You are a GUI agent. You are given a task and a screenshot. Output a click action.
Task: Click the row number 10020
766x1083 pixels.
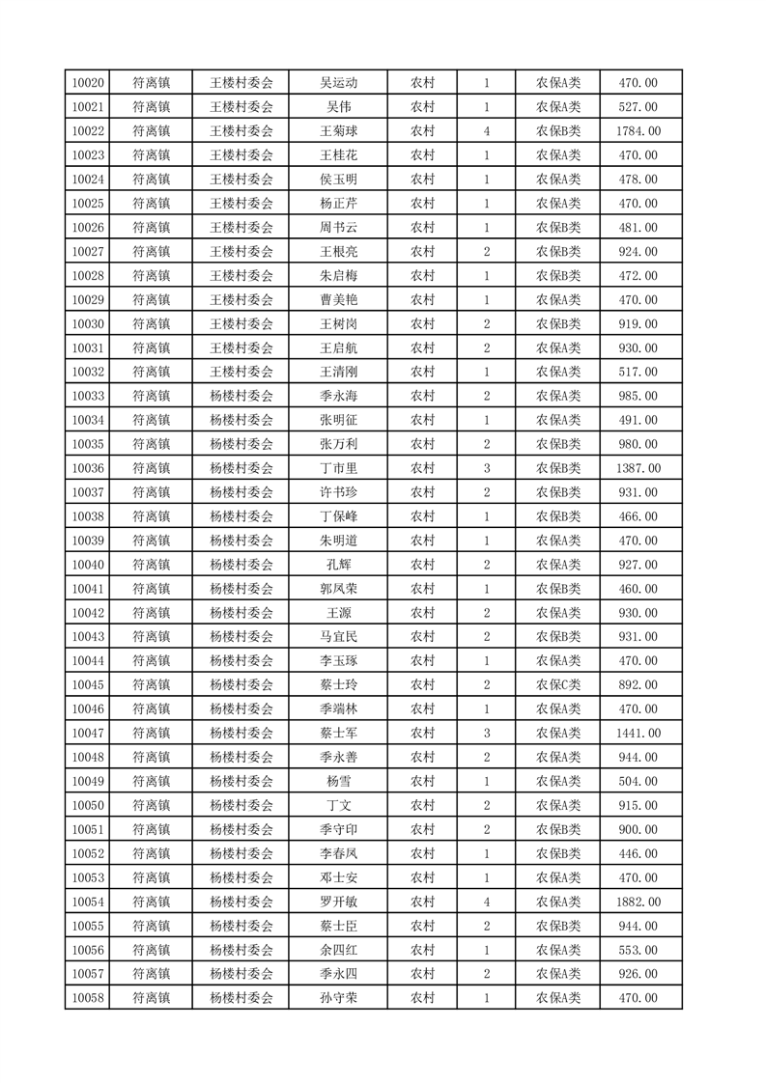click(x=88, y=83)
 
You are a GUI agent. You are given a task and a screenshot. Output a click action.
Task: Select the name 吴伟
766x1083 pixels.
click(x=339, y=107)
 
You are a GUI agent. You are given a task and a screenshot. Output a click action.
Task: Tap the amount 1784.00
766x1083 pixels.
click(x=638, y=131)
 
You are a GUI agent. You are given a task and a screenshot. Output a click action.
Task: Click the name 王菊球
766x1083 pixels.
click(x=339, y=131)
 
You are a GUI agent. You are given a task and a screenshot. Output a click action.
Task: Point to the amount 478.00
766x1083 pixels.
click(x=638, y=180)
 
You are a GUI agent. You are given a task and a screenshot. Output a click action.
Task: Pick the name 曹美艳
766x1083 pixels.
click(x=339, y=300)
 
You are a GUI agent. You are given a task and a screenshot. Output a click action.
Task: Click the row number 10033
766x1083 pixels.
click(x=88, y=396)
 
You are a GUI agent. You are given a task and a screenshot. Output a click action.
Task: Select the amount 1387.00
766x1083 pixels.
click(x=638, y=468)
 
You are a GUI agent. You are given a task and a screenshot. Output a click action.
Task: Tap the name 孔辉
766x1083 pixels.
click(x=339, y=565)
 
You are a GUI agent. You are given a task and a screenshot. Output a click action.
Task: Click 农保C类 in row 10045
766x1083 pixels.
click(x=558, y=685)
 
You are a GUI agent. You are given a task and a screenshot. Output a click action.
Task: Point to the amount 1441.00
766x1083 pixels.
click(x=638, y=734)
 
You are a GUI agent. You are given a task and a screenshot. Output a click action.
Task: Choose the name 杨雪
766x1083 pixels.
click(x=339, y=782)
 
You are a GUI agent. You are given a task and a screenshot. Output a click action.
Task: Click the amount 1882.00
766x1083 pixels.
click(x=638, y=902)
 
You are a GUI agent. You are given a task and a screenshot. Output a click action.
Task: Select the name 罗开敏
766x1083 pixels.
click(x=339, y=902)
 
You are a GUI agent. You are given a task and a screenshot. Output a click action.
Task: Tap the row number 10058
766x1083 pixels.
click(x=88, y=998)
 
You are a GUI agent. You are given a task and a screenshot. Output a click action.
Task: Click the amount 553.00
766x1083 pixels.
click(x=638, y=950)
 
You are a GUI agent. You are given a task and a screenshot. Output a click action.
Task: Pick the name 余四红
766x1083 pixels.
click(x=339, y=950)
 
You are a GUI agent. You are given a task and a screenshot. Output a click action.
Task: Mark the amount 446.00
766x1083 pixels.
click(x=638, y=853)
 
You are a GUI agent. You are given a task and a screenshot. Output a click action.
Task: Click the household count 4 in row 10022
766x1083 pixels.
click(x=486, y=131)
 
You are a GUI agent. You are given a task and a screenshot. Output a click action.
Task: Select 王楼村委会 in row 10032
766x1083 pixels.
click(x=241, y=372)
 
